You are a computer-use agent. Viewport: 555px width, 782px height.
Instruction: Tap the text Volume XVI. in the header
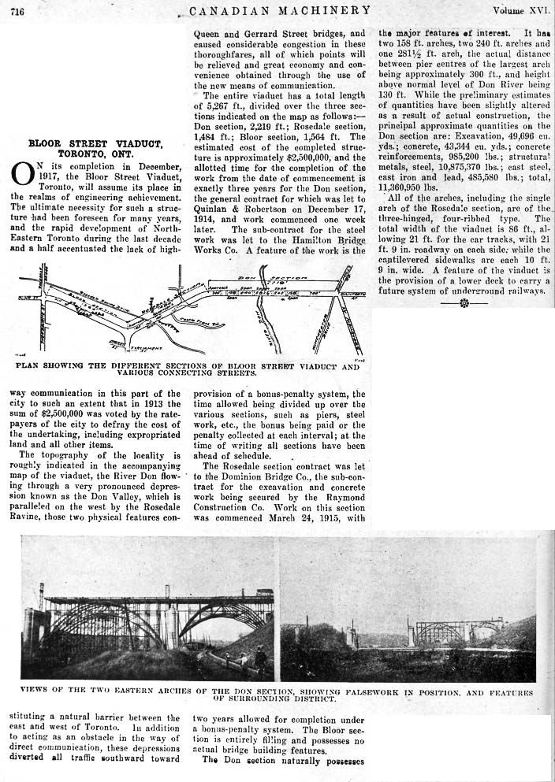coord(520,10)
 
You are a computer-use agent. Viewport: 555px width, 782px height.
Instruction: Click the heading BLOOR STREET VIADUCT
coord(95,144)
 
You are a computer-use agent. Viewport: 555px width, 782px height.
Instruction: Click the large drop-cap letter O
coord(21,175)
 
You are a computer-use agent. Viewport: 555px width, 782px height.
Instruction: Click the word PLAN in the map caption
coord(29,366)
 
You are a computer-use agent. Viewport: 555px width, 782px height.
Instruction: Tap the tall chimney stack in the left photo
coord(41,599)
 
